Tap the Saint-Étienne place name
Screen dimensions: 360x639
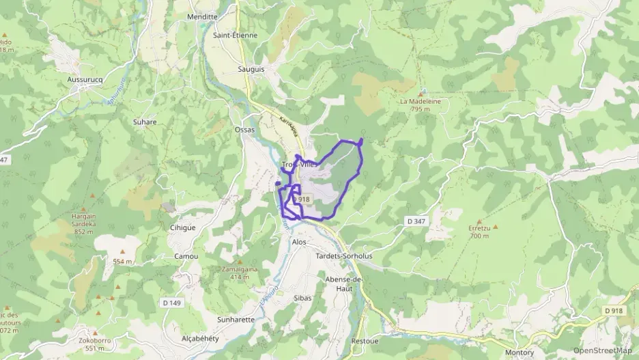pos(235,36)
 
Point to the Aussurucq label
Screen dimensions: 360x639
pos(85,79)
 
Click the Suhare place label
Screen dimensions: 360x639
pos(145,122)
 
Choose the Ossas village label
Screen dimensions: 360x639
pos(244,129)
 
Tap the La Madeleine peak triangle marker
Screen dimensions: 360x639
pos(421,92)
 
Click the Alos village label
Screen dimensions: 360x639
pos(299,242)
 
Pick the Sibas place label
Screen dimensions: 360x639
pos(301,298)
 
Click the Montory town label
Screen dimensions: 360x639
pos(520,352)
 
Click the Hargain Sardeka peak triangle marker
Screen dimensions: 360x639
pos(83,209)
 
